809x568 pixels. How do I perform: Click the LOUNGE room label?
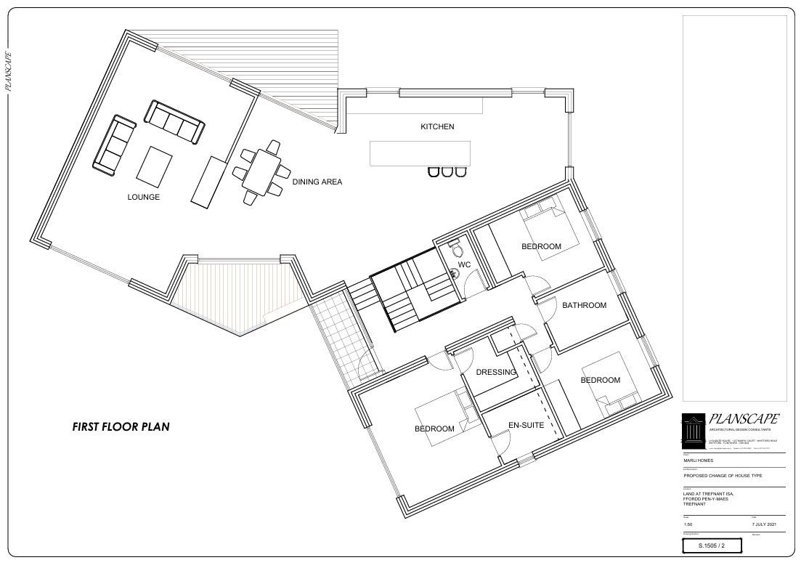point(143,197)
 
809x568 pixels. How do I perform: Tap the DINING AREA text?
point(317,182)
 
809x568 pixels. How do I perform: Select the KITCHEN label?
point(437,126)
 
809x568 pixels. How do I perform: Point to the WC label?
point(464,264)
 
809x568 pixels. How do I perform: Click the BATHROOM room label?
point(584,305)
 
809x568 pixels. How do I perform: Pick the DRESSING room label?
point(496,373)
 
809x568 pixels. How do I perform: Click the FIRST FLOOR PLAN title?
point(121,427)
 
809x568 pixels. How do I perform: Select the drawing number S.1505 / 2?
point(712,545)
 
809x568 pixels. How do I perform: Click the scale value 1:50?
point(688,523)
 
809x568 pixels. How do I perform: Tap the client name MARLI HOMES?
point(699,460)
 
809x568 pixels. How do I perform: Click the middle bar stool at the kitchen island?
point(446,171)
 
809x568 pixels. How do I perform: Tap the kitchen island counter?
point(420,153)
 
